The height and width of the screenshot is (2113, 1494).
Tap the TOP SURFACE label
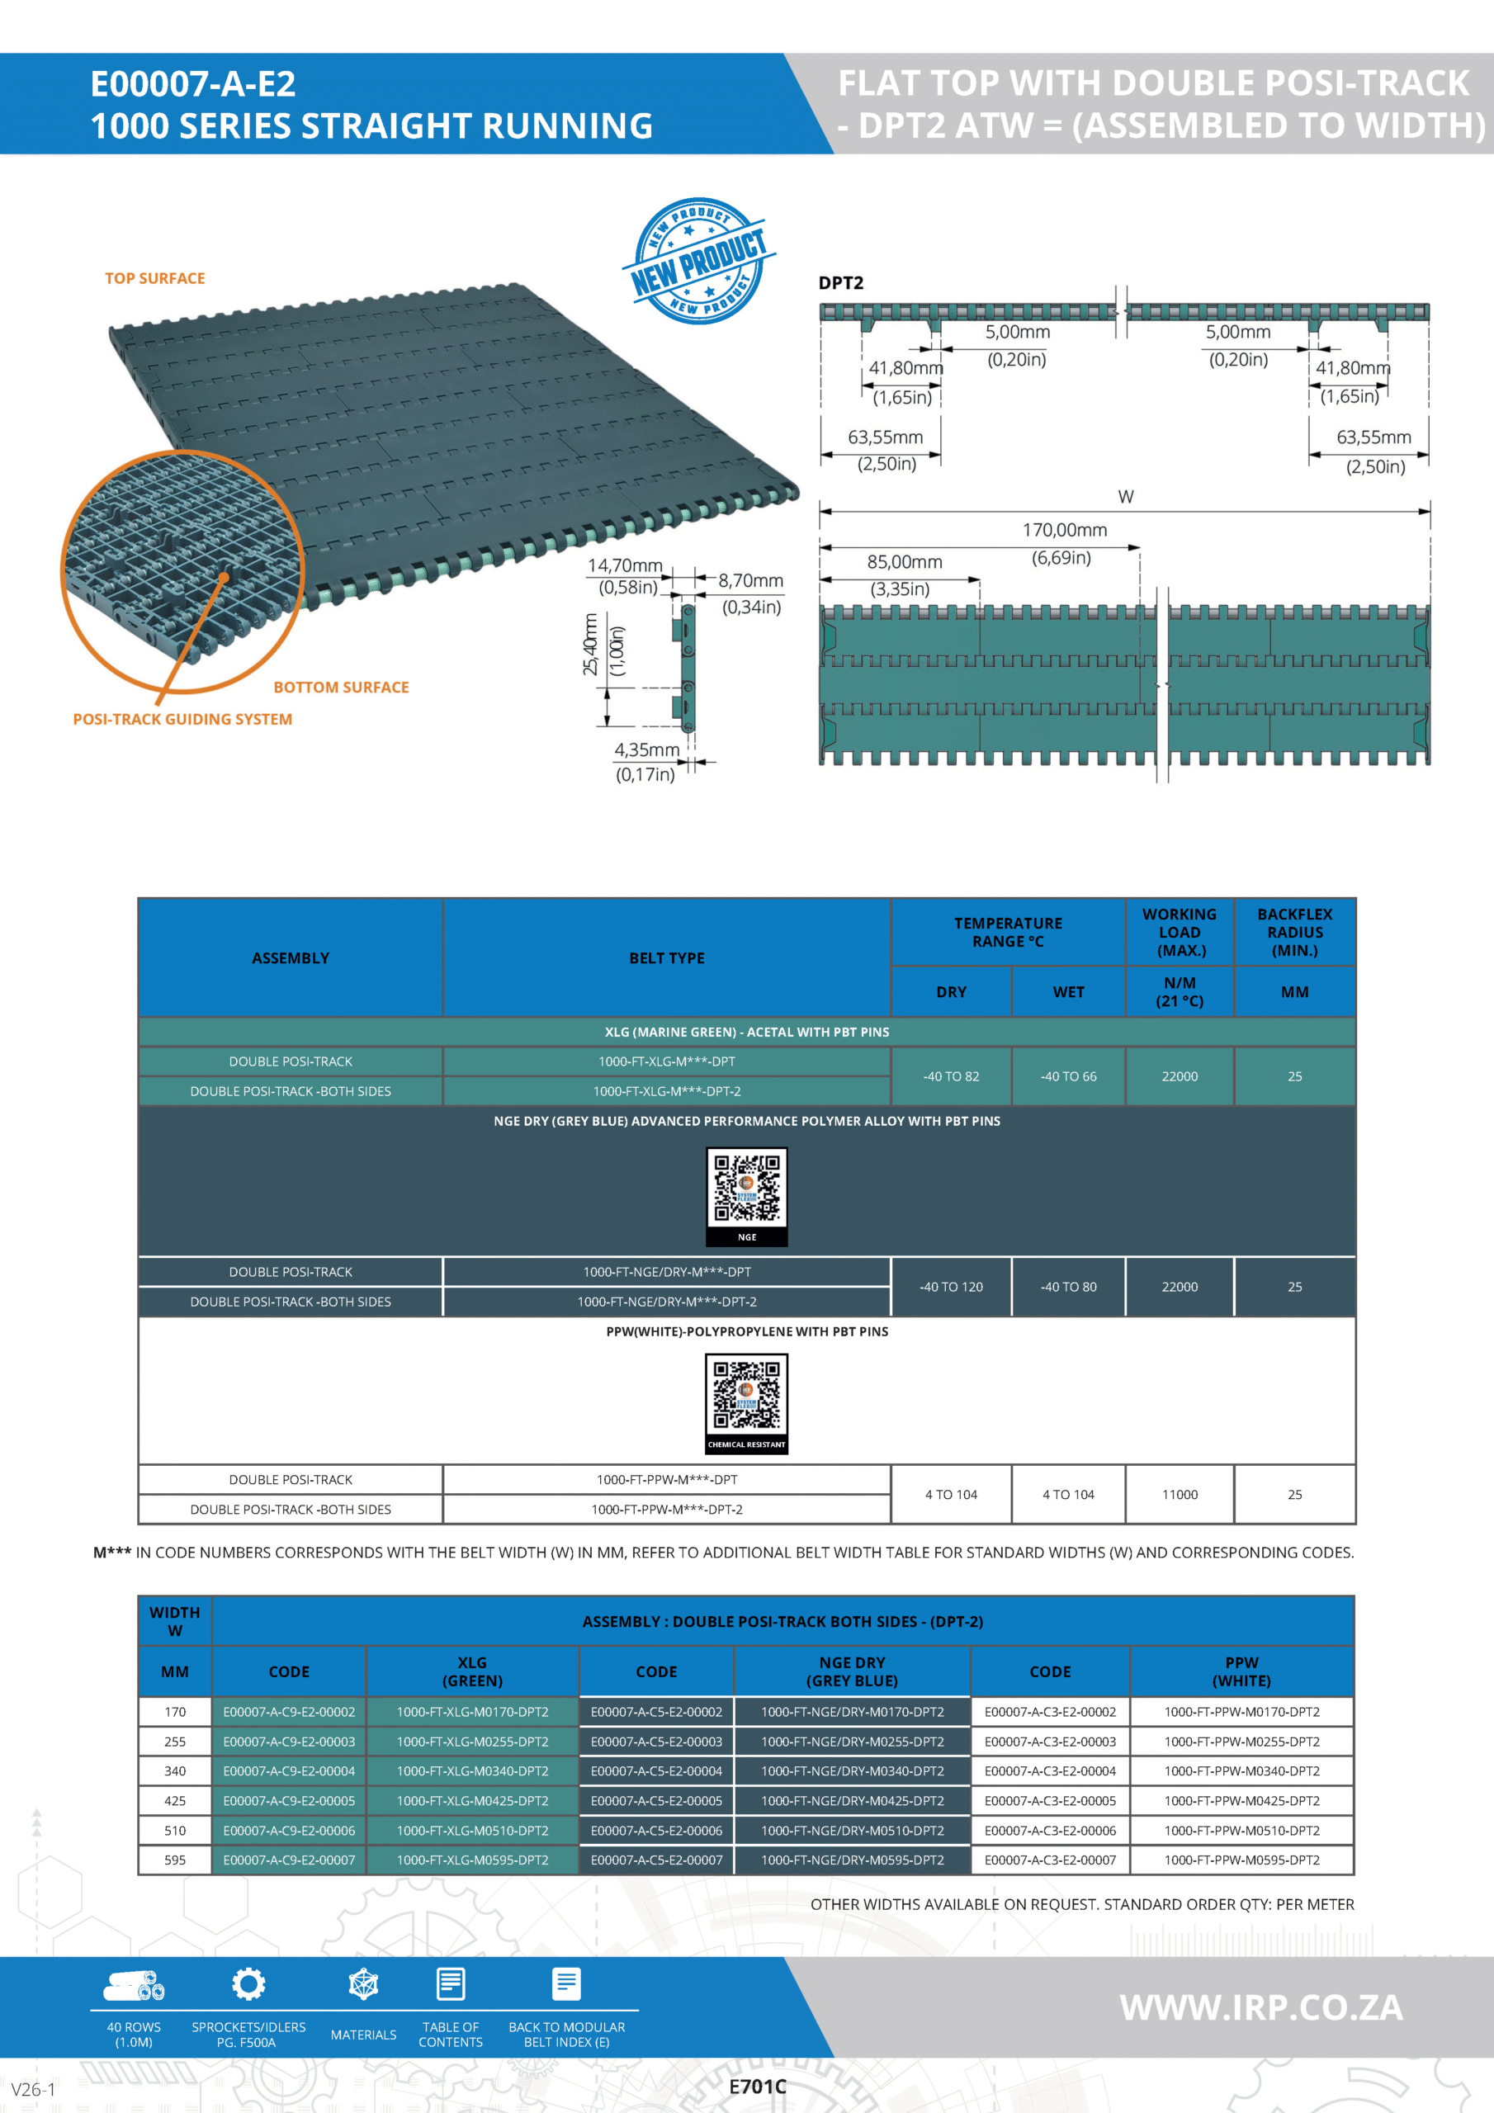click(x=154, y=278)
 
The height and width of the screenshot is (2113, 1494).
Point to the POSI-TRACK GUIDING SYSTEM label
click(x=182, y=719)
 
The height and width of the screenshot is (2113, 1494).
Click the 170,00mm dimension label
click(x=1064, y=530)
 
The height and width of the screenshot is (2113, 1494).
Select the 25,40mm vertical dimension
click(x=590, y=645)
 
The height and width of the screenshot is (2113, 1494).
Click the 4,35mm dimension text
click(x=646, y=750)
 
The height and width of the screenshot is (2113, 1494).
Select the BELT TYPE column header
click(x=666, y=958)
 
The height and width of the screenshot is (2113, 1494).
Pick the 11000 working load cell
click(x=1180, y=1495)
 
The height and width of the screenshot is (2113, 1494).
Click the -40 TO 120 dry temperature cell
click(x=951, y=1287)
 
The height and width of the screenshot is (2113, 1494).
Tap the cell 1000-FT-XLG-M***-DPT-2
click(x=666, y=1091)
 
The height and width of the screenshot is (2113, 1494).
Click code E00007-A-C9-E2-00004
click(x=289, y=1770)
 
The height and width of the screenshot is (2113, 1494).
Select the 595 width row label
click(x=175, y=1860)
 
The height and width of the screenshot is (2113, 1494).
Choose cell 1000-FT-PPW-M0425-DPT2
click(x=1241, y=1801)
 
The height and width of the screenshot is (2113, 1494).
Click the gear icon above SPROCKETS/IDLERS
click(x=248, y=1983)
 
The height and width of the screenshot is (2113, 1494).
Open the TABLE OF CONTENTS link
click(x=450, y=2034)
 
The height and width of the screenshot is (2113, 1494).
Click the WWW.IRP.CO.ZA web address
click(x=1261, y=2007)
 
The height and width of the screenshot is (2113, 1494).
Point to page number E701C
click(x=757, y=2087)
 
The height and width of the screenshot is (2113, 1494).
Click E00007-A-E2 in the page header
click(x=193, y=83)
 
